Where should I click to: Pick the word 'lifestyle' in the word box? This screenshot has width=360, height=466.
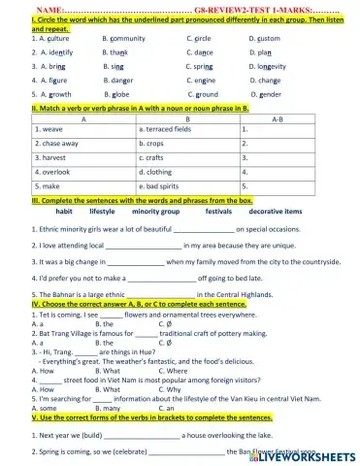[102, 210]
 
